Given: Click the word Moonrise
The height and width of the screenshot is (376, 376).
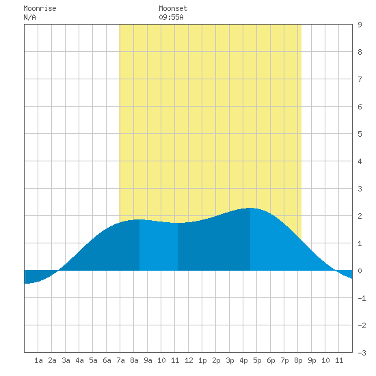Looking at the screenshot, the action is point(40,8).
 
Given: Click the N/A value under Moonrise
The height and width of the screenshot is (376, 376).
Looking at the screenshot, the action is point(29,17).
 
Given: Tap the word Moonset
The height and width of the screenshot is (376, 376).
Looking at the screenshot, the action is point(173,8).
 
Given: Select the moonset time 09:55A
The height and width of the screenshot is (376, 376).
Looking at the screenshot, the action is point(171,17).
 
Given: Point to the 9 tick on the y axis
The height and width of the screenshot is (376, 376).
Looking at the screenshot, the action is point(360,25).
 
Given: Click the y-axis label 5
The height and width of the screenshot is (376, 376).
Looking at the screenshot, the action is point(360,134).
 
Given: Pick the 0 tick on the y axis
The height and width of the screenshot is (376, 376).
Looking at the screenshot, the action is point(360,271).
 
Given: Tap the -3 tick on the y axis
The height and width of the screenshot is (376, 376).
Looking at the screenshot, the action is point(362,353).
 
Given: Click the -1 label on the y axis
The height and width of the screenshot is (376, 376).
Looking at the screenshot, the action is point(362,298).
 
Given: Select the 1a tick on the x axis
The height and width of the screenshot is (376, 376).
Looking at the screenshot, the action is point(38,360).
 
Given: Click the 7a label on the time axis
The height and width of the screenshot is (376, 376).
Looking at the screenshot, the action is point(120,360).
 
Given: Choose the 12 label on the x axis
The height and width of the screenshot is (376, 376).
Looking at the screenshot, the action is point(189,360).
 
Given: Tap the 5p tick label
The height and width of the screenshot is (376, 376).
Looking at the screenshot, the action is point(257,360).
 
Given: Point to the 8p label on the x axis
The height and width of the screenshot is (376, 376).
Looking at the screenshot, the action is point(298,360).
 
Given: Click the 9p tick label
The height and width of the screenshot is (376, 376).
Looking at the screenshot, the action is point(312,360).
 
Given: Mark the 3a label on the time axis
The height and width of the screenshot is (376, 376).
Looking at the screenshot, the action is point(66,360).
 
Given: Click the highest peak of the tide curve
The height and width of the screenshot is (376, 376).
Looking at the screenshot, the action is point(250,208).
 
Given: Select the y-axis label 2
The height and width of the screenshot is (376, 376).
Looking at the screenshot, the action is point(360,216).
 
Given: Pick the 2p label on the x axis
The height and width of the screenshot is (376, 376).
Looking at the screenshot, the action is point(216,360).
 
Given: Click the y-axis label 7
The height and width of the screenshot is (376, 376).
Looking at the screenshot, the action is point(360,79).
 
